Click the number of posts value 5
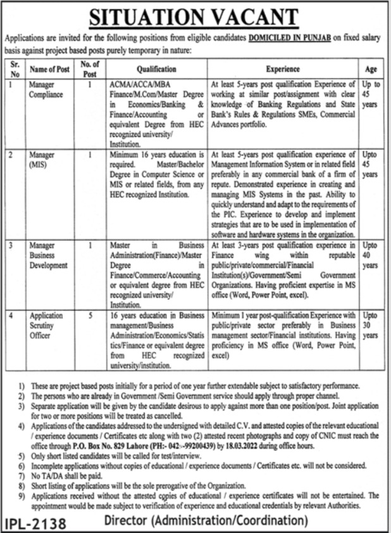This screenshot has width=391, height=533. point(90,313)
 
